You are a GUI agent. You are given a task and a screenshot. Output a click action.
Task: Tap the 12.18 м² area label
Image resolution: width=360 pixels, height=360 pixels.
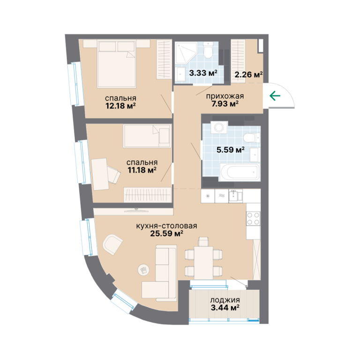pyautogui.click(x=120, y=106)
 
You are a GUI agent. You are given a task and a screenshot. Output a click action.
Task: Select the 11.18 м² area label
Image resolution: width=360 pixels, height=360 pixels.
pyautogui.click(x=142, y=170)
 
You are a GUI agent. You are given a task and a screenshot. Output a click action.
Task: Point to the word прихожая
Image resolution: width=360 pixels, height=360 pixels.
pyautogui.click(x=225, y=96)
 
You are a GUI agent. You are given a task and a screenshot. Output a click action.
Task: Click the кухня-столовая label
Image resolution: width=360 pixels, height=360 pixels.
pyautogui.click(x=167, y=226)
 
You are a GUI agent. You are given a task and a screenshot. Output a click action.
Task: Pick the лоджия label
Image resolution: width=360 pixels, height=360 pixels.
pyautogui.click(x=225, y=300)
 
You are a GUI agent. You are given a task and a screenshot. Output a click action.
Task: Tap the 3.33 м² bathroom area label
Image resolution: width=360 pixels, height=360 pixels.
pyautogui.click(x=203, y=73)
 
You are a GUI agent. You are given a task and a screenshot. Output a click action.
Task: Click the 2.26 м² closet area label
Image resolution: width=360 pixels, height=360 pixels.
pyautogui.click(x=248, y=75)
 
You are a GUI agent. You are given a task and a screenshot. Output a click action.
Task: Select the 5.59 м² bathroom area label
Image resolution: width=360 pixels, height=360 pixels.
pyautogui.click(x=231, y=150)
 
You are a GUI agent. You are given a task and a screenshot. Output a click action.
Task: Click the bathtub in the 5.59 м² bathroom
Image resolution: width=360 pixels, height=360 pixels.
pyautogui.click(x=240, y=172)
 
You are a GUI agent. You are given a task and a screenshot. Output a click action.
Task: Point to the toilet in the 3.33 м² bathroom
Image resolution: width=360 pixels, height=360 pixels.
pyautogui.click(x=209, y=51)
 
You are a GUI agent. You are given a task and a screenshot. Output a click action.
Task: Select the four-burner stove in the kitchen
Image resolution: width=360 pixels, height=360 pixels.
pyautogui.click(x=253, y=218)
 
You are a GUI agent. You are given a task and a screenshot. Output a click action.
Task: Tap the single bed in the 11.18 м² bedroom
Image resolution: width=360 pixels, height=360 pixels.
pyautogui.click(x=147, y=136)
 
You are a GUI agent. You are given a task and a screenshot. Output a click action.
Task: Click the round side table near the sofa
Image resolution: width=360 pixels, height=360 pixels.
pyautogui.click(x=143, y=270)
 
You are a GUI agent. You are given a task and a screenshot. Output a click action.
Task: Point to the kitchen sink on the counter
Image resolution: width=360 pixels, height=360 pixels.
pyautogui.click(x=236, y=196)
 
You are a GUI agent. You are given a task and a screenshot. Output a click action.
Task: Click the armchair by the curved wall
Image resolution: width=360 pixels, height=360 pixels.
pyautogui.click(x=112, y=244)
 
